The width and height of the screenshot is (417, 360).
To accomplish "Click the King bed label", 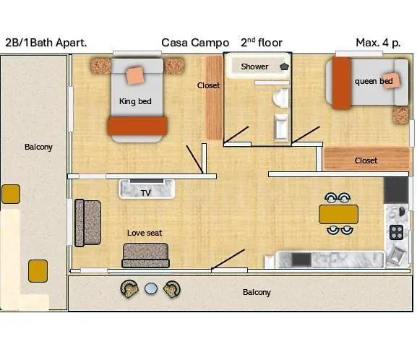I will [135, 101].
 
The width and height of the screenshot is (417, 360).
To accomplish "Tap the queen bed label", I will [374, 81].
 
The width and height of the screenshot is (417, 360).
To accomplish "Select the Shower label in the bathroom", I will [254, 67].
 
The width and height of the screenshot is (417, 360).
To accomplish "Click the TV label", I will [146, 193].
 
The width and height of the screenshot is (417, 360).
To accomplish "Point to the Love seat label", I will [144, 233].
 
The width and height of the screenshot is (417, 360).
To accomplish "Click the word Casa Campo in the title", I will [195, 43].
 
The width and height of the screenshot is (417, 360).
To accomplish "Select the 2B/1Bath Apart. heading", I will [46, 43].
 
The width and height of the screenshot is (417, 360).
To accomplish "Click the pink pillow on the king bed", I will [135, 74].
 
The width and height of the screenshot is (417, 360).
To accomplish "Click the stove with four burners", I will [397, 232].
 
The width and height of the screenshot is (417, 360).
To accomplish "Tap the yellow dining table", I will [338, 214].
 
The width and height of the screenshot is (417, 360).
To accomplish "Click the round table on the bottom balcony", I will [150, 288].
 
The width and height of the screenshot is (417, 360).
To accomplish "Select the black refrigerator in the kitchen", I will [396, 189].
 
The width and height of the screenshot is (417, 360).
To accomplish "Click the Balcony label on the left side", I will [38, 147].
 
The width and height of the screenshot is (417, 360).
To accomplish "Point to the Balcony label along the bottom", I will [257, 292].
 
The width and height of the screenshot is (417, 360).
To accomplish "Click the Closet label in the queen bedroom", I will [366, 160].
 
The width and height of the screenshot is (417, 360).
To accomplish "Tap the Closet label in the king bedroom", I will [208, 85].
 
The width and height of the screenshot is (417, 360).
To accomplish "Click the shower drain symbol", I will [284, 67].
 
